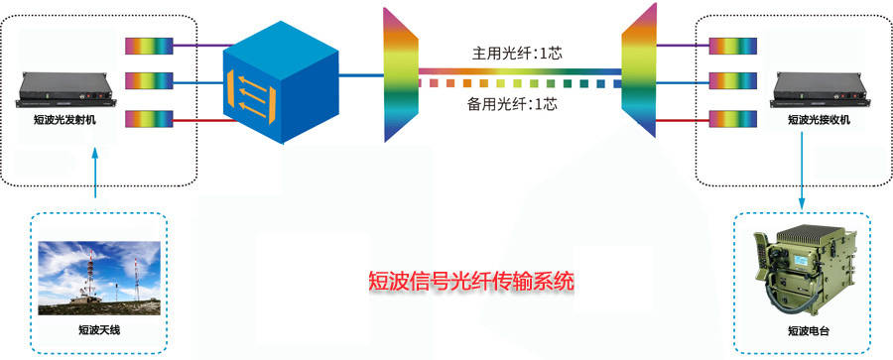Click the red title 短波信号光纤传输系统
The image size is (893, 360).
(x=471, y=282)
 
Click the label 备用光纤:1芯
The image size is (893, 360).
(x=511, y=104)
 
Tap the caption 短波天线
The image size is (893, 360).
(x=99, y=330)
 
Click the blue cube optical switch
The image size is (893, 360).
(x=281, y=82)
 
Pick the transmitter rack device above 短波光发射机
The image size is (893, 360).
(x=67, y=91)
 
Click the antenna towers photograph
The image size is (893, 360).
(x=99, y=278)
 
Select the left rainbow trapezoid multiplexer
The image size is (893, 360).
(x=401, y=74)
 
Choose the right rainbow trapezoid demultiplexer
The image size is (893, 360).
(x=639, y=70)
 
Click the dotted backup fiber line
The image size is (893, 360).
(x=520, y=84)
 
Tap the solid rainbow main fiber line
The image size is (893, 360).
(x=520, y=71)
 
